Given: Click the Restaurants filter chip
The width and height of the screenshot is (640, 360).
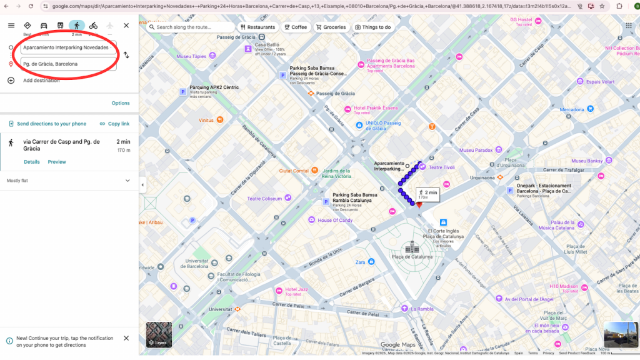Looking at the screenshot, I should tap(257, 27).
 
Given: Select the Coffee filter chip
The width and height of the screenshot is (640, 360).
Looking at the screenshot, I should tap(296, 27).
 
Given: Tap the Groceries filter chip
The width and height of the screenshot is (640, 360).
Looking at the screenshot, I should tap(331, 27).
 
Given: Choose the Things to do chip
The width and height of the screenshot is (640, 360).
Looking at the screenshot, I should tap(373, 27).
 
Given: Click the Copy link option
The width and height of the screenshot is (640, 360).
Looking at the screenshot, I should tap(114, 124).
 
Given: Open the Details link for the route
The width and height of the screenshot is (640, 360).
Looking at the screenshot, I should tap(32, 162).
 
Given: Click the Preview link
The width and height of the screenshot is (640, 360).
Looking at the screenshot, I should tap(57, 162).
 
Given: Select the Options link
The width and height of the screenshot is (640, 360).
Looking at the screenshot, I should tap(121, 103).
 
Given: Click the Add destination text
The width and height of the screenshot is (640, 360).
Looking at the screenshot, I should tap(41, 81).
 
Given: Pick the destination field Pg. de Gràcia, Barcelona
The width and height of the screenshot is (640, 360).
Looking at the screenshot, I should tap(67, 64).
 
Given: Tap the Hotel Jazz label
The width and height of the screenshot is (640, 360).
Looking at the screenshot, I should tap(297, 290).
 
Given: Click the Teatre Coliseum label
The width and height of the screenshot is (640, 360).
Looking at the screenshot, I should tap(264, 199).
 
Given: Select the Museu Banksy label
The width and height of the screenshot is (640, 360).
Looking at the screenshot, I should tap(587, 161).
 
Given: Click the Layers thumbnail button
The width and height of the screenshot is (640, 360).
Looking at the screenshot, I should tap(159, 334).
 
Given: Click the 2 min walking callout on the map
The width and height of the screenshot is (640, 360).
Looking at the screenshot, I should tap(427, 194).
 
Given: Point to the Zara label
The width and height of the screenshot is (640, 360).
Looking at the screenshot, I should tap(361, 262).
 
